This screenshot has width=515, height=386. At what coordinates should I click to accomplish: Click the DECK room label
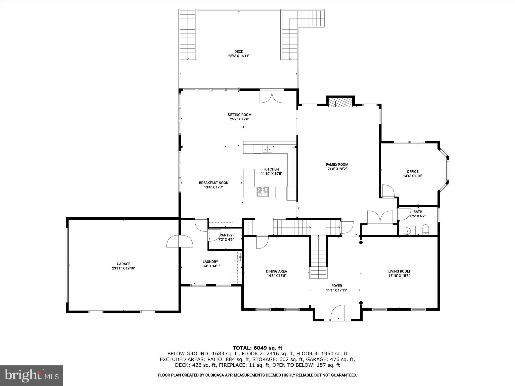click(239, 52)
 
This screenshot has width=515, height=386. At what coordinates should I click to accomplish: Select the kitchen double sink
click(267, 150)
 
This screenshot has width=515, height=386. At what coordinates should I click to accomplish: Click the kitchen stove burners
click(263, 192)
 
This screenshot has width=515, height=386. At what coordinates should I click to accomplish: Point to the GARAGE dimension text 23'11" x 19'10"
click(123, 268)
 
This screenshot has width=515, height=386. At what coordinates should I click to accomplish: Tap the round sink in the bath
click(407, 230)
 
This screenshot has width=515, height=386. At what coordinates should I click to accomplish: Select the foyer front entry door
click(337, 312)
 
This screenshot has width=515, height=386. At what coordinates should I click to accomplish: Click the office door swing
click(388, 191)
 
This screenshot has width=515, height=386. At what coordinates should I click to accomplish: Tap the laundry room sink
click(237, 257)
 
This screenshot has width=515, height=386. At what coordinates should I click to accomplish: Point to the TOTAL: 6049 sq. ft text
click(257, 348)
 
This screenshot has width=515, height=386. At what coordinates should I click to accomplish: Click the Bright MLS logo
click(31, 375)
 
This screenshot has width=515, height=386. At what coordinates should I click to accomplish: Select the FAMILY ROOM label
click(337, 165)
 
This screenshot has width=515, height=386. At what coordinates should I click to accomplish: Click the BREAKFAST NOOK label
click(213, 183)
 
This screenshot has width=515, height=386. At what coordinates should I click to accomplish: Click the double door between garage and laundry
click(180, 242)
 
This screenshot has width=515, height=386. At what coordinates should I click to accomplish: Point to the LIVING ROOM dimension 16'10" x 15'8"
click(399, 276)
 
